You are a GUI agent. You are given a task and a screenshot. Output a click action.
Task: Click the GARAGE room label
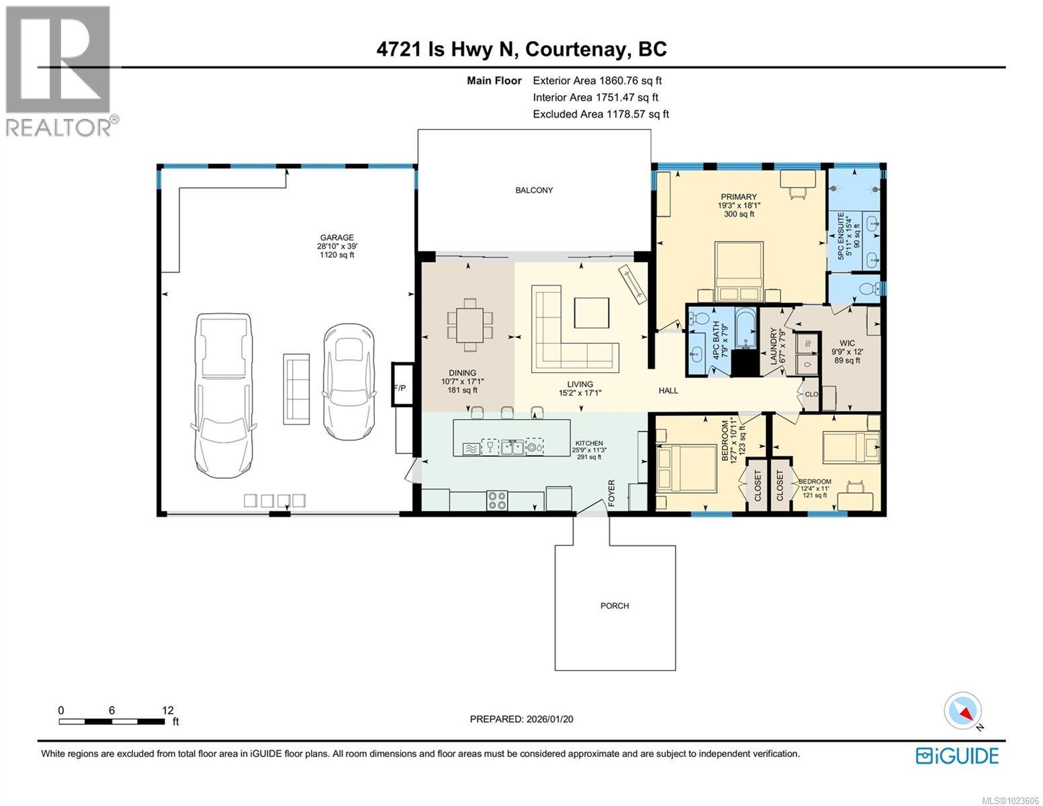(336, 237)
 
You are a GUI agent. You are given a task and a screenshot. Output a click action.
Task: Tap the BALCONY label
(534, 190)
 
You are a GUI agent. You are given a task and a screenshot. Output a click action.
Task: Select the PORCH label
(615, 606)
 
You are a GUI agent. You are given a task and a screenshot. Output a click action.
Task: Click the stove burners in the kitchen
(497, 500)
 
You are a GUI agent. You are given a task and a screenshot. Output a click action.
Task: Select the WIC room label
(847, 343)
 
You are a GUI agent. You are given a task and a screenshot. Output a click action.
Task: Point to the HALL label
(668, 390)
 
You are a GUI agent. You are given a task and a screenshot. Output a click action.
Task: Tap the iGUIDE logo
(957, 756)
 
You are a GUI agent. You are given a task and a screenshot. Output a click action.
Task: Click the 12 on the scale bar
(168, 710)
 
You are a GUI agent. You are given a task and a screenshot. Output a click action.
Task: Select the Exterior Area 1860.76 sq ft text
(602, 81)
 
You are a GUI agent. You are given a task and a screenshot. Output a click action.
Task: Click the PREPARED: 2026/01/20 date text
(521, 719)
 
